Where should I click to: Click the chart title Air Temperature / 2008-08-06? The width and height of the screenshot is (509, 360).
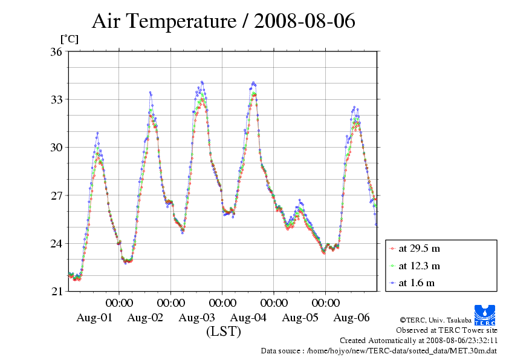click(x=223, y=22)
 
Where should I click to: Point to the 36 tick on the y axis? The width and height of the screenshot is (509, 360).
click(x=56, y=51)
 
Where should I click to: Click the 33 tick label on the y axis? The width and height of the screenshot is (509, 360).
click(x=56, y=99)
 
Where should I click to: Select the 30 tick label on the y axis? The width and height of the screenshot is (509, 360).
click(x=56, y=148)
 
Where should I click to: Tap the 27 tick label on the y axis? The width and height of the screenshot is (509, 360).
click(x=56, y=195)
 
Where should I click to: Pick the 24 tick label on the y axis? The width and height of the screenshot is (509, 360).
click(x=56, y=244)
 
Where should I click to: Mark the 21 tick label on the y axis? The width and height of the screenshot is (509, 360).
click(x=56, y=292)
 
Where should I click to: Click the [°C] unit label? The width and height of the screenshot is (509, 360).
click(x=69, y=39)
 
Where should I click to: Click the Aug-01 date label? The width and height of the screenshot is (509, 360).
click(x=94, y=318)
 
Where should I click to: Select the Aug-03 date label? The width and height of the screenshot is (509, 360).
click(x=197, y=318)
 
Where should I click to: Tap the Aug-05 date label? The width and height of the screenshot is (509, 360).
click(x=300, y=318)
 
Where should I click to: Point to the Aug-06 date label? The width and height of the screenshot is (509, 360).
click(x=351, y=318)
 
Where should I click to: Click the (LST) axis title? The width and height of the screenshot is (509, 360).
click(x=223, y=332)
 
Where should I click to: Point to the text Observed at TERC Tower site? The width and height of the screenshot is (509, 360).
click(x=447, y=330)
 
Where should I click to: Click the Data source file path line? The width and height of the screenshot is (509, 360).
click(x=379, y=350)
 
